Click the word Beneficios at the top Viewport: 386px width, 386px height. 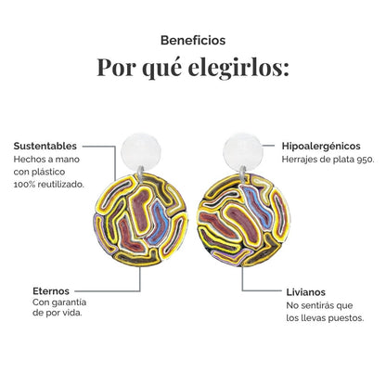click(x=193, y=41)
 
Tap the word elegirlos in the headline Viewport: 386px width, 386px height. click(x=238, y=68)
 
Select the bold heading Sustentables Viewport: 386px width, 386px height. click(x=45, y=146)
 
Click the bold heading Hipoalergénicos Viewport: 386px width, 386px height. click(x=321, y=146)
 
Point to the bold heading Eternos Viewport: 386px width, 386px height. click(x=51, y=291)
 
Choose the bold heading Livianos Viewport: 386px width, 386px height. click(x=305, y=292)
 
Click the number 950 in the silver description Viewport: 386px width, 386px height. click(x=365, y=160)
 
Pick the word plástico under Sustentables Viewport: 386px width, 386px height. click(x=49, y=172)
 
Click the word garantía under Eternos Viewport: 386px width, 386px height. click(x=68, y=302)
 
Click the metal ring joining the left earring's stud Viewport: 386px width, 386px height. click(x=141, y=174)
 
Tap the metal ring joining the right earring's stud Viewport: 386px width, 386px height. click(x=243, y=174)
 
